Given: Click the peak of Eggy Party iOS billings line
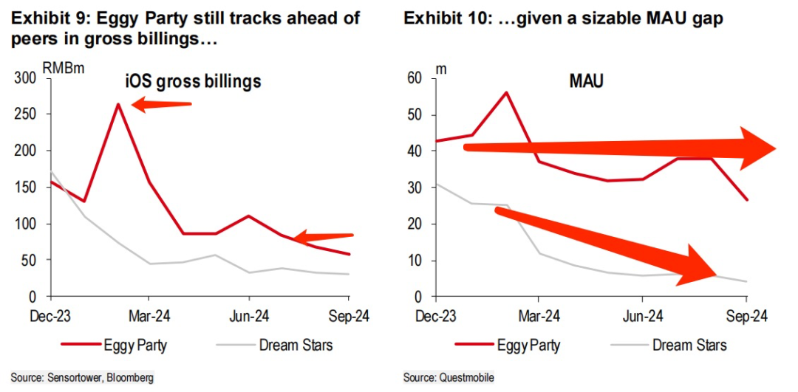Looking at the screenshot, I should [x=117, y=104].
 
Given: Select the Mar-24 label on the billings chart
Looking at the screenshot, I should [x=149, y=315].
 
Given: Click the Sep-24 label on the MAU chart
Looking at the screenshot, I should [x=746, y=315].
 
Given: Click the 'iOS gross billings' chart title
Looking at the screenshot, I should [x=192, y=81].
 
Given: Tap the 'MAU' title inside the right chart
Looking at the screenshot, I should [x=586, y=80].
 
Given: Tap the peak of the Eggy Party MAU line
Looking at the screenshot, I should [x=506, y=92].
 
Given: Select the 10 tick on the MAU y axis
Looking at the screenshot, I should [x=416, y=261].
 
